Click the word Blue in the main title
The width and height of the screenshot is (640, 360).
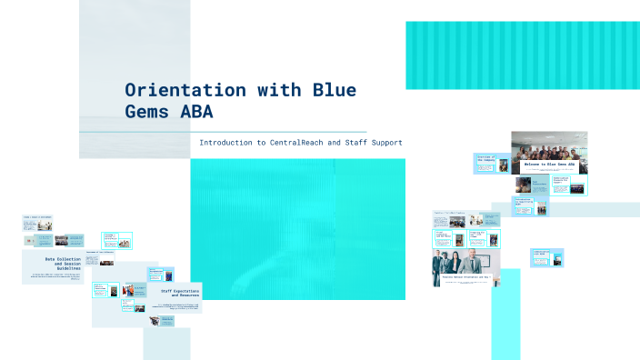coord(334,91)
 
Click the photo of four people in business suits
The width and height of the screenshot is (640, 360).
coord(461,265)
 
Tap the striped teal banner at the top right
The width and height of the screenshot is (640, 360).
coord(522,55)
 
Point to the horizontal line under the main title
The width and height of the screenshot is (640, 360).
coord(223,132)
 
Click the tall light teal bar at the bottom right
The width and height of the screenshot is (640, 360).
coord(505,314)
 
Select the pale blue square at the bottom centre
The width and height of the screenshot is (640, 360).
coord(166,344)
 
